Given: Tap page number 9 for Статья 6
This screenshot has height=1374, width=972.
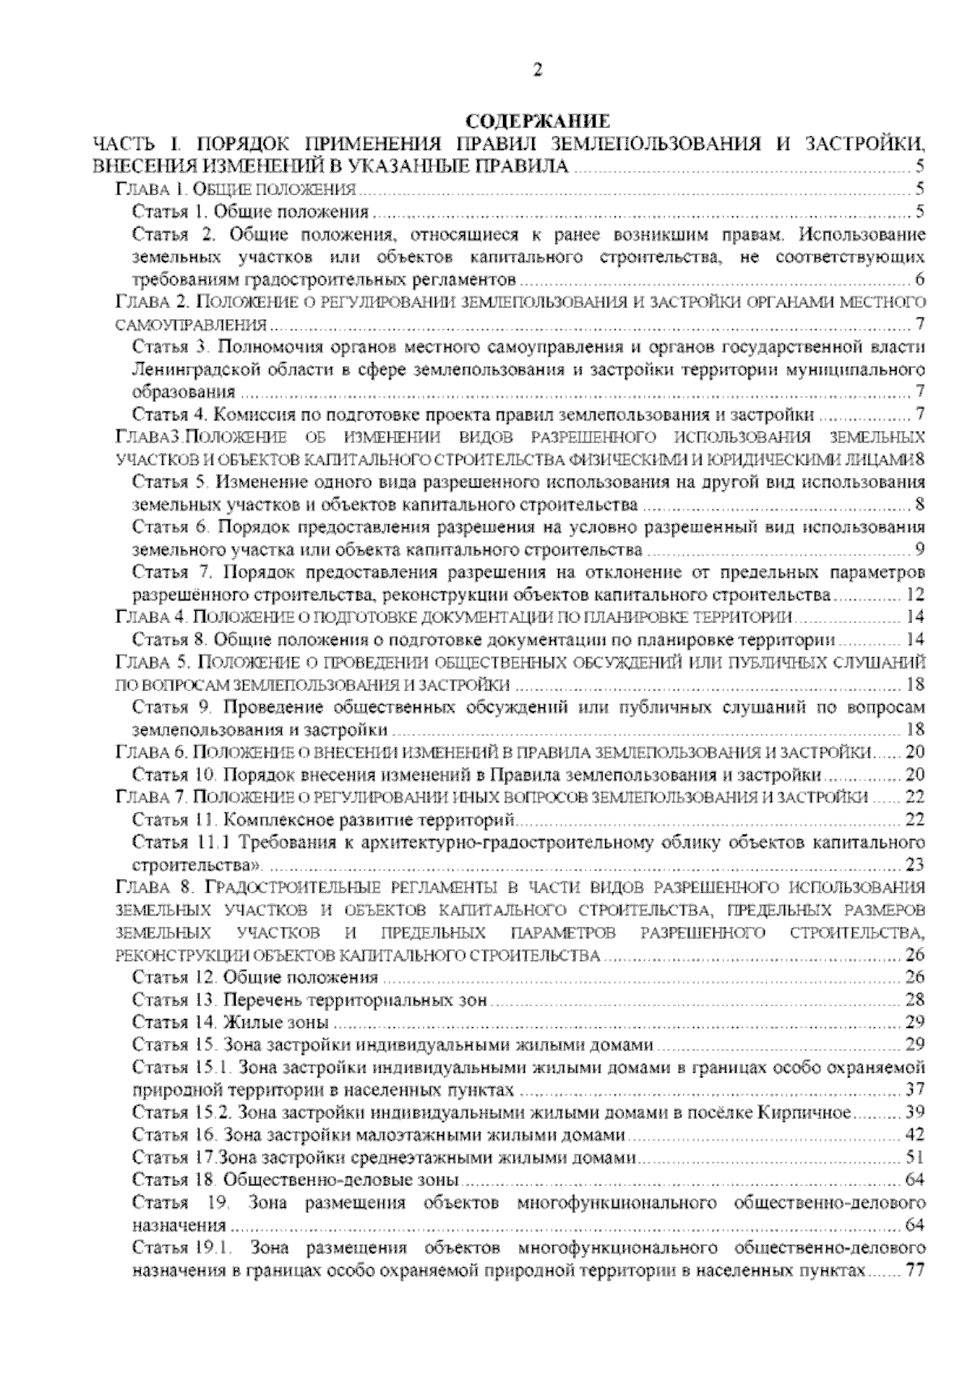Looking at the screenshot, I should [x=919, y=550].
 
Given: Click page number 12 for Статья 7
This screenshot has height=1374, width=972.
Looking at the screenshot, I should [x=915, y=595].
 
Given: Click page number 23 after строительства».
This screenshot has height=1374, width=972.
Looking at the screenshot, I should [x=915, y=864].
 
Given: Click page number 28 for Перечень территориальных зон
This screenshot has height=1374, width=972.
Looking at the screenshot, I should [x=915, y=1000].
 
